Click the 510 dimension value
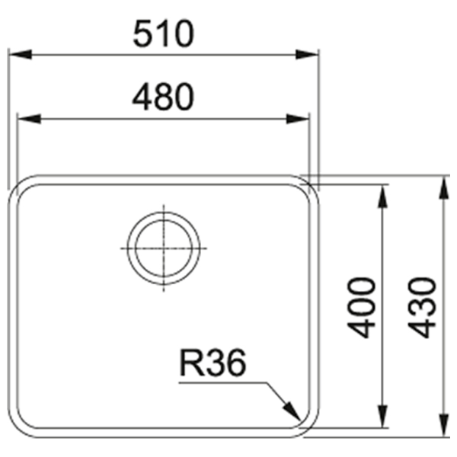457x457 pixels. (x=163, y=34)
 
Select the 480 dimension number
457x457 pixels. (x=163, y=97)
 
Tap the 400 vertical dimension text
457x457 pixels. (x=361, y=308)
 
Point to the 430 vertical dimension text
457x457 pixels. (x=422, y=308)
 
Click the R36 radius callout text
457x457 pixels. (x=213, y=363)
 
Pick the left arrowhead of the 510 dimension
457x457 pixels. (x=21, y=55)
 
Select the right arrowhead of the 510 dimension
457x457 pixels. (x=307, y=55)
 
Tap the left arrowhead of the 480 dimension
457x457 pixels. (x=30, y=119)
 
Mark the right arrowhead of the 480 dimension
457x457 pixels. (x=297, y=119)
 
